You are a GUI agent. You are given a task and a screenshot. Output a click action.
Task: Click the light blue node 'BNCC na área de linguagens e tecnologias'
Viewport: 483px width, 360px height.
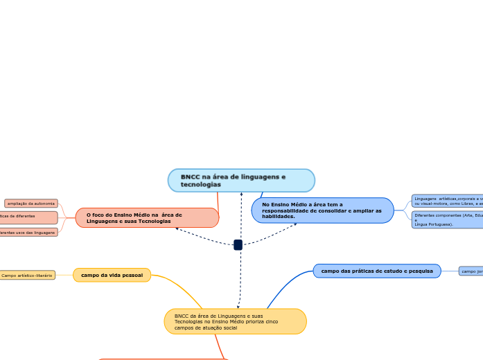pyautogui.click(x=241, y=180)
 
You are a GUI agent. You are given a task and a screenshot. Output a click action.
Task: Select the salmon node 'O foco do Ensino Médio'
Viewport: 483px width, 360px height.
pyautogui.click(x=147, y=217)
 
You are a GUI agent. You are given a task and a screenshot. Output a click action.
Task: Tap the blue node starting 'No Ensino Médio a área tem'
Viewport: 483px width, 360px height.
pyautogui.click(x=322, y=210)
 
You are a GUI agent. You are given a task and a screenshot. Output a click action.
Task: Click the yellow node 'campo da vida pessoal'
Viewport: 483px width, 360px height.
pyautogui.click(x=112, y=275)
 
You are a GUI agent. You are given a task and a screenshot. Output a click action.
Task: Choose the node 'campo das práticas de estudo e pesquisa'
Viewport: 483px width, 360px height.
pyautogui.click(x=376, y=271)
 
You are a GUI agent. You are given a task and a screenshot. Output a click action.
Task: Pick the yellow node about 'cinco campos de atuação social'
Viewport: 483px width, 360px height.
pyautogui.click(x=235, y=321)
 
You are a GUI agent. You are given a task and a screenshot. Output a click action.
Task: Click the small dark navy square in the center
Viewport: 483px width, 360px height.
pyautogui.click(x=238, y=244)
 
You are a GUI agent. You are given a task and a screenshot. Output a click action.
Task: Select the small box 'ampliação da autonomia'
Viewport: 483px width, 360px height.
pyautogui.click(x=31, y=204)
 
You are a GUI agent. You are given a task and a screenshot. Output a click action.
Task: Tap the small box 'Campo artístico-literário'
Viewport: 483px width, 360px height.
pyautogui.click(x=27, y=276)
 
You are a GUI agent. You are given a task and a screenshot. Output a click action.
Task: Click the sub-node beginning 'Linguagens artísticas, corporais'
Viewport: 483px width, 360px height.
pyautogui.click(x=447, y=201)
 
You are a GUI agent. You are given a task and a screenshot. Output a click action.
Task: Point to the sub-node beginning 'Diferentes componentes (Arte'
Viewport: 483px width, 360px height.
pyautogui.click(x=447, y=219)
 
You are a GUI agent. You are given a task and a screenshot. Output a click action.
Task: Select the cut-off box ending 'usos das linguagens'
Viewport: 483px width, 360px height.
pyautogui.click(x=28, y=233)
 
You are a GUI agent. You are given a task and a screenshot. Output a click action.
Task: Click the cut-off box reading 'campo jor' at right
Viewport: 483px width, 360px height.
pyautogui.click(x=471, y=271)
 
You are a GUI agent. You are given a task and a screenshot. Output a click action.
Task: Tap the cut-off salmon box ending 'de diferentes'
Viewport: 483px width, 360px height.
pyautogui.click(x=28, y=217)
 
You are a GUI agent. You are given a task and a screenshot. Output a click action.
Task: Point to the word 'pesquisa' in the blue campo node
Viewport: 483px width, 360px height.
pyautogui.click(x=419, y=271)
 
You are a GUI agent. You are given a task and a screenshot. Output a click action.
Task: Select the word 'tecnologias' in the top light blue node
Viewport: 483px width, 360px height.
pyautogui.click(x=200, y=185)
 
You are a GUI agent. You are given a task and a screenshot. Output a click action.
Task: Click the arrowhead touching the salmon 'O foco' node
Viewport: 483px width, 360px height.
pyautogui.click(x=177, y=228)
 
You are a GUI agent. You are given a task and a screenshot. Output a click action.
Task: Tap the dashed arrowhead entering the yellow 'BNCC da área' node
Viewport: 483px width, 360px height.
pyautogui.click(x=238, y=306)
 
